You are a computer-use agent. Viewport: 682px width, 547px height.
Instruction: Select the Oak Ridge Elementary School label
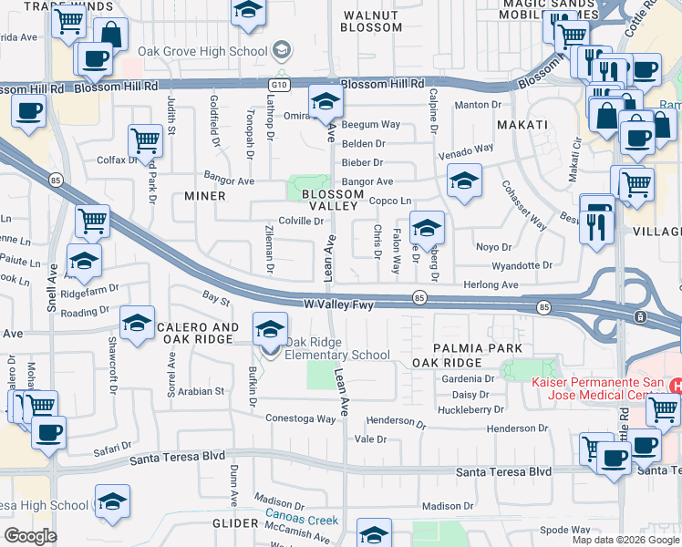click(x=337, y=349)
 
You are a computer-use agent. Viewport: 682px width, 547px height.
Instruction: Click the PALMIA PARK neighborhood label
click(x=478, y=348)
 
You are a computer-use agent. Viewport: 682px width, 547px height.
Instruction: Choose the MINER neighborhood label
click(x=204, y=196)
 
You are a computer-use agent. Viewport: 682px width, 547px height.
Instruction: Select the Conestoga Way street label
click(x=301, y=418)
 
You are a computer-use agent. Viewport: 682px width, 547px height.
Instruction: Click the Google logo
click(x=30, y=535)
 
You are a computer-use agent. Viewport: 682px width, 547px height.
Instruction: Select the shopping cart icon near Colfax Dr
click(x=145, y=140)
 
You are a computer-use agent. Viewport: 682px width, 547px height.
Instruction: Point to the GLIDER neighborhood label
click(x=236, y=522)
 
